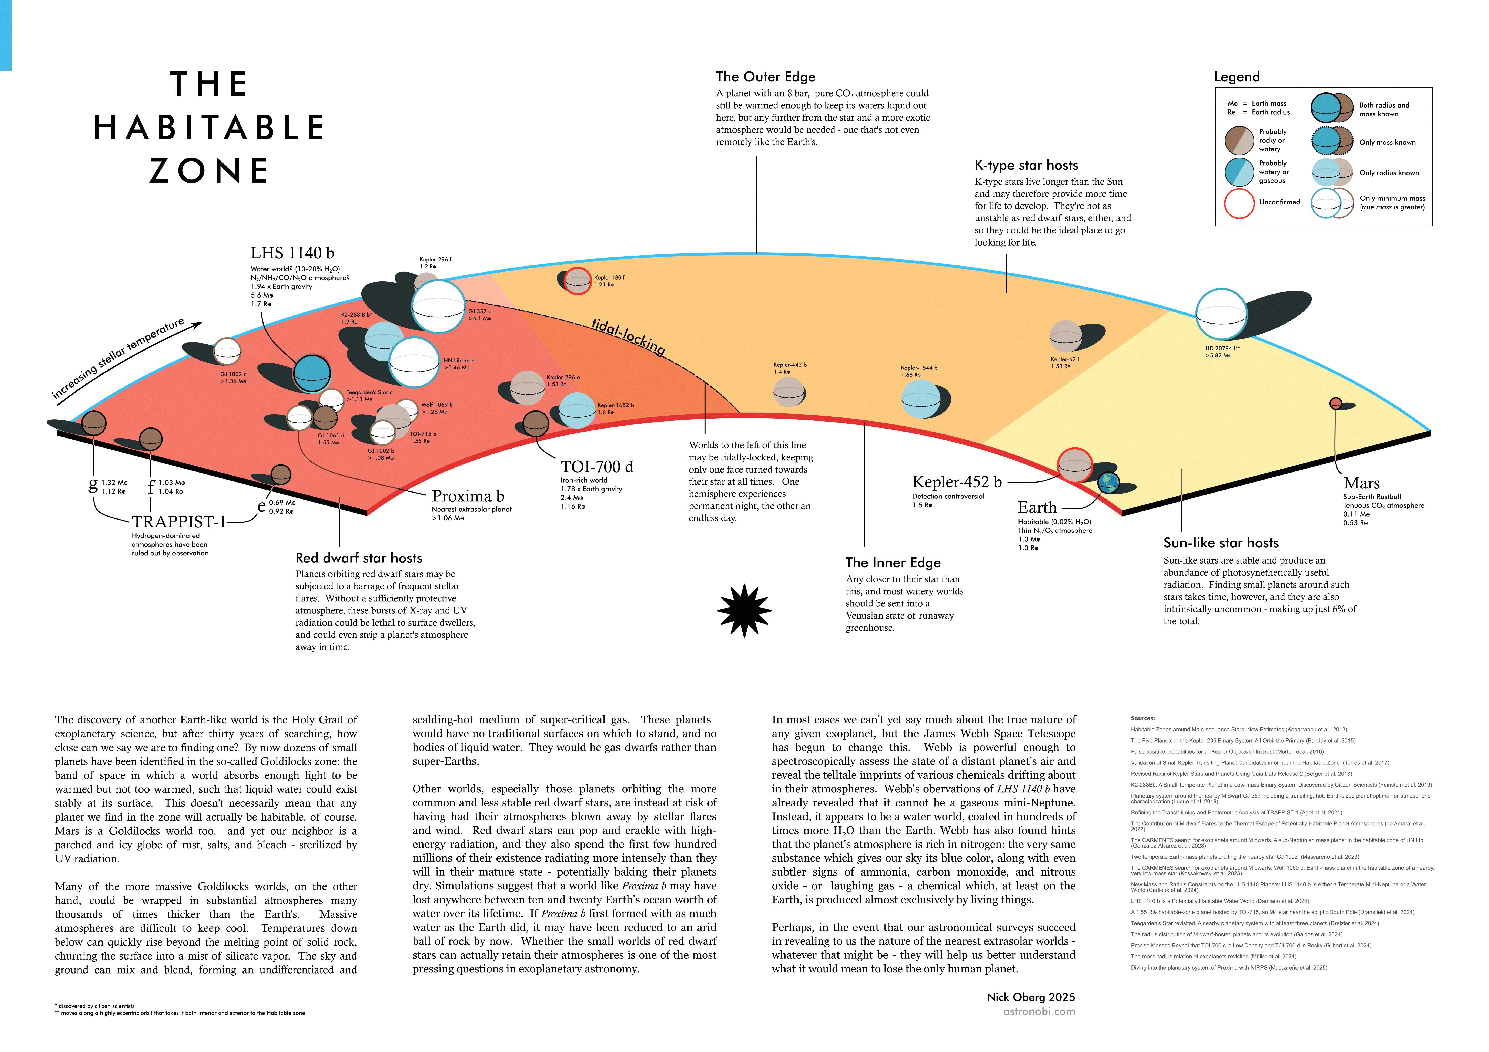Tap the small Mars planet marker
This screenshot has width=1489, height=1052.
[x=1335, y=403]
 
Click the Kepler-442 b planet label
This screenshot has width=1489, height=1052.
[x=790, y=365]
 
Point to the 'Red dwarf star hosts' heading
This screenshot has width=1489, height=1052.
[x=359, y=558]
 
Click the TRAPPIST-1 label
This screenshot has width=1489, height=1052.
[x=179, y=522]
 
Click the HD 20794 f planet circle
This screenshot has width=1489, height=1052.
[x=1221, y=314]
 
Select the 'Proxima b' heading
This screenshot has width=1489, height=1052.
[x=468, y=497]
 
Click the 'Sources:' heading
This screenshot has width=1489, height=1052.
[x=1143, y=718]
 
